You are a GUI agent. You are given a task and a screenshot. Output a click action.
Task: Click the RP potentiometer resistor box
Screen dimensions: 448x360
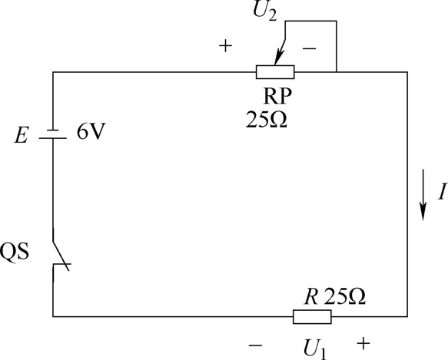point(275,72)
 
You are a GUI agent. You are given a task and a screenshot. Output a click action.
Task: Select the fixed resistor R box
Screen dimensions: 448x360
point(312,316)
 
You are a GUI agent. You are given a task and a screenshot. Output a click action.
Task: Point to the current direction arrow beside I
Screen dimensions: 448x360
point(423,195)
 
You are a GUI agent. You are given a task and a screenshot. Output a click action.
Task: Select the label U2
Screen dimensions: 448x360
point(265,12)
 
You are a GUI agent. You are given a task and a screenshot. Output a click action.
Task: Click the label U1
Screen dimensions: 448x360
point(315,348)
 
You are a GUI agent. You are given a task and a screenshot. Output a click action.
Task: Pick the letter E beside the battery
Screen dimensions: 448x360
point(22,135)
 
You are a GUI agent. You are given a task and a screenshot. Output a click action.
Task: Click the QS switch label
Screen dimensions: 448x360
point(15,251)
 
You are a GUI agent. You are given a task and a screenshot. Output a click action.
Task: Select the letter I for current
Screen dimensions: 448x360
point(443,191)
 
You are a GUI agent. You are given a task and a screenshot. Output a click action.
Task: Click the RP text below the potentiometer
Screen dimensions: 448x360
point(277,96)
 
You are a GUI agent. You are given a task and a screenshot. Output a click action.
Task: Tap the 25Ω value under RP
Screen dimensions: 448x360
point(267,119)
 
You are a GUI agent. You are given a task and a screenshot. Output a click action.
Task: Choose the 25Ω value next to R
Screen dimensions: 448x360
point(345,296)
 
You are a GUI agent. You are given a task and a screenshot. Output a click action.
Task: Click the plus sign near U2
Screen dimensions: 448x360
point(225,46)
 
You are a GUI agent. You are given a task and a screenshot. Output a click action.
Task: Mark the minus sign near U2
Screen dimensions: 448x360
point(309,49)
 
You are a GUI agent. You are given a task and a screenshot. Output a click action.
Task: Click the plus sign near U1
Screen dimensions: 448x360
point(363,343)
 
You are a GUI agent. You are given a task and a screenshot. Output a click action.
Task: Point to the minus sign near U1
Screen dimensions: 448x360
point(255,346)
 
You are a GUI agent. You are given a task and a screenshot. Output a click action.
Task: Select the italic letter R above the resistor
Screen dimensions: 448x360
point(311,296)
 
